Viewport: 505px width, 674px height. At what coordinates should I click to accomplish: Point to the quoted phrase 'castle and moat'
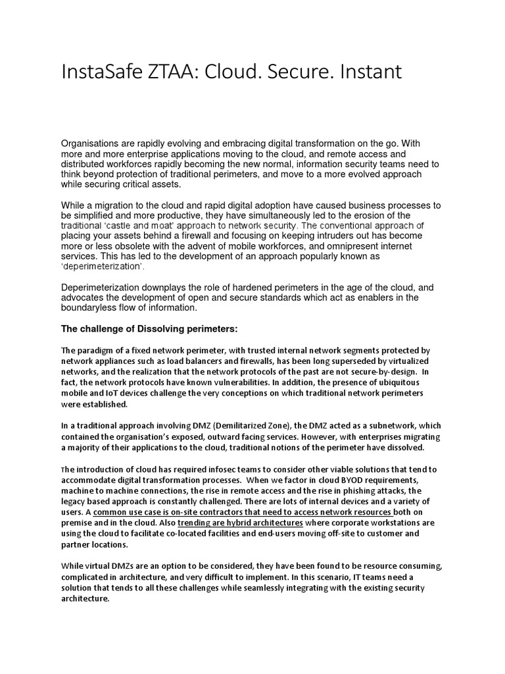145,225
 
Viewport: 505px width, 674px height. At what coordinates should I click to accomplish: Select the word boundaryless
95,308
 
